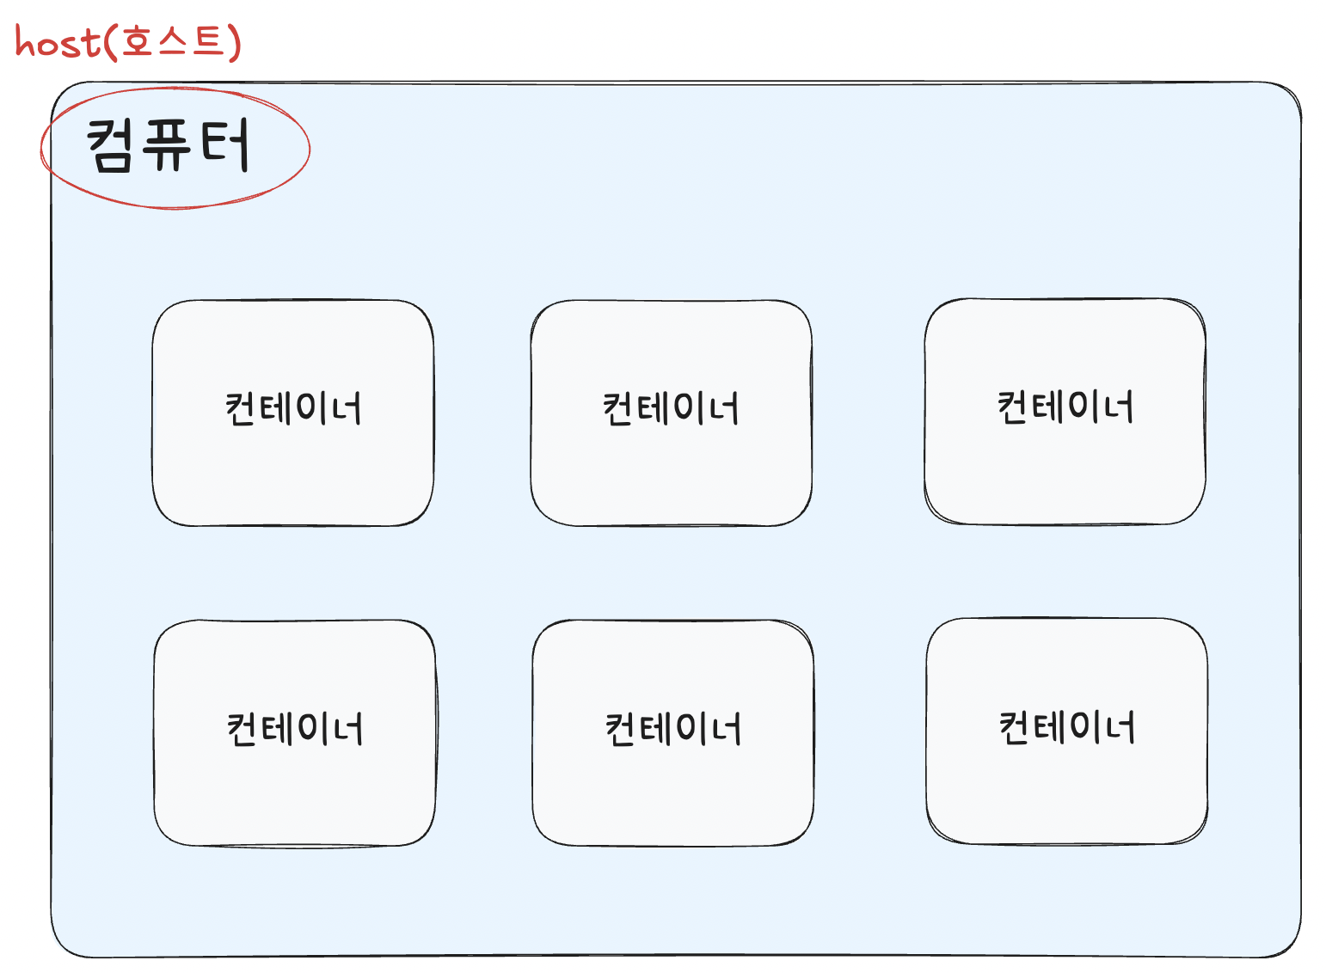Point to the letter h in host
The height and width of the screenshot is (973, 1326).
click(x=26, y=41)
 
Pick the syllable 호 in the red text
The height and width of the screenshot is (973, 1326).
click(x=137, y=41)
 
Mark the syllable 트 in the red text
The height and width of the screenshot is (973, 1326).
click(x=208, y=40)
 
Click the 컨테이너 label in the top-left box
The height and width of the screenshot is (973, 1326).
click(x=293, y=408)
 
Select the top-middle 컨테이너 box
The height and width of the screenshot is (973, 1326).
click(x=671, y=413)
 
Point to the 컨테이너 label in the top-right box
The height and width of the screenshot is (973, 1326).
click(x=1065, y=407)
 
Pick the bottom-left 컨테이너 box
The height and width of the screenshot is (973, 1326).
click(x=294, y=732)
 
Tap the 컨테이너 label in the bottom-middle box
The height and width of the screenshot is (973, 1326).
click(x=673, y=729)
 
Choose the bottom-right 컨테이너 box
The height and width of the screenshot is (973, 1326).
click(x=1066, y=731)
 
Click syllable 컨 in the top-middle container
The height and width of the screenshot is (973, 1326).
click(x=618, y=408)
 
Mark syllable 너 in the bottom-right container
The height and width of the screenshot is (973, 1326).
click(x=1118, y=727)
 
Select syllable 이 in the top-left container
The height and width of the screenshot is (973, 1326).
click(x=310, y=408)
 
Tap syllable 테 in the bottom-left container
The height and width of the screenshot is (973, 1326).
click(x=276, y=729)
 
